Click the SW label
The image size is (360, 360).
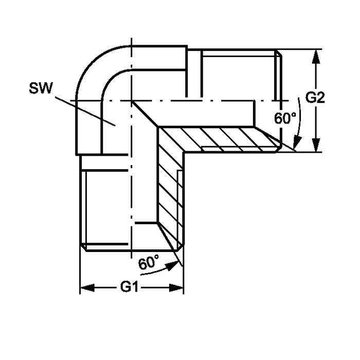click(41, 88)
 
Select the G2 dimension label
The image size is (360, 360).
click(315, 98)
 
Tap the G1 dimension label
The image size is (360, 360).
click(129, 287)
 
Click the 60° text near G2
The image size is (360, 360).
click(285, 118)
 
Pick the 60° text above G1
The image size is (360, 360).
click(149, 262)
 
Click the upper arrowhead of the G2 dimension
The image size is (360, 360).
click(316, 56)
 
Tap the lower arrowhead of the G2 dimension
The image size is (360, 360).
click(316, 145)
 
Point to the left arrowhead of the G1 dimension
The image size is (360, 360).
click(87, 287)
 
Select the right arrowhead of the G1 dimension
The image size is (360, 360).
click(176, 287)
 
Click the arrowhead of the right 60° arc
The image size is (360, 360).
click(298, 143)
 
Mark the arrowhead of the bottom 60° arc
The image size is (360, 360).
click(173, 266)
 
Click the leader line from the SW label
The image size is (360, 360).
click(85, 112)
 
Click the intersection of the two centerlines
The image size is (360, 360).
click(131, 101)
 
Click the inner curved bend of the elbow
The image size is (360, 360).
click(110, 78)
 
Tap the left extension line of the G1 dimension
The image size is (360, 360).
click(80, 271)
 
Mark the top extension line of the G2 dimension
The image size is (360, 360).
click(298, 49)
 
